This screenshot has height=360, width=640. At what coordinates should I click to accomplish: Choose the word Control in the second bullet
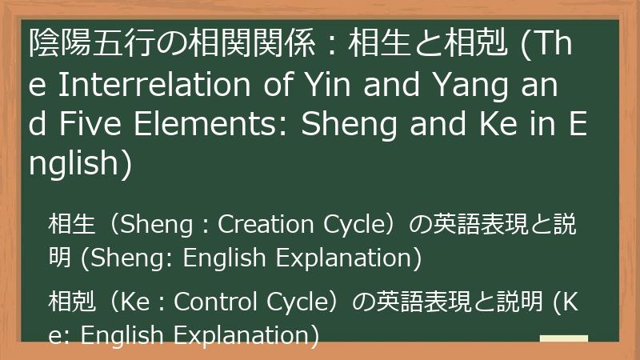coord(214,302)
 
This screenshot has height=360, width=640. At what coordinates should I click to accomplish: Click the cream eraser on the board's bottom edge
coord(563,339)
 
